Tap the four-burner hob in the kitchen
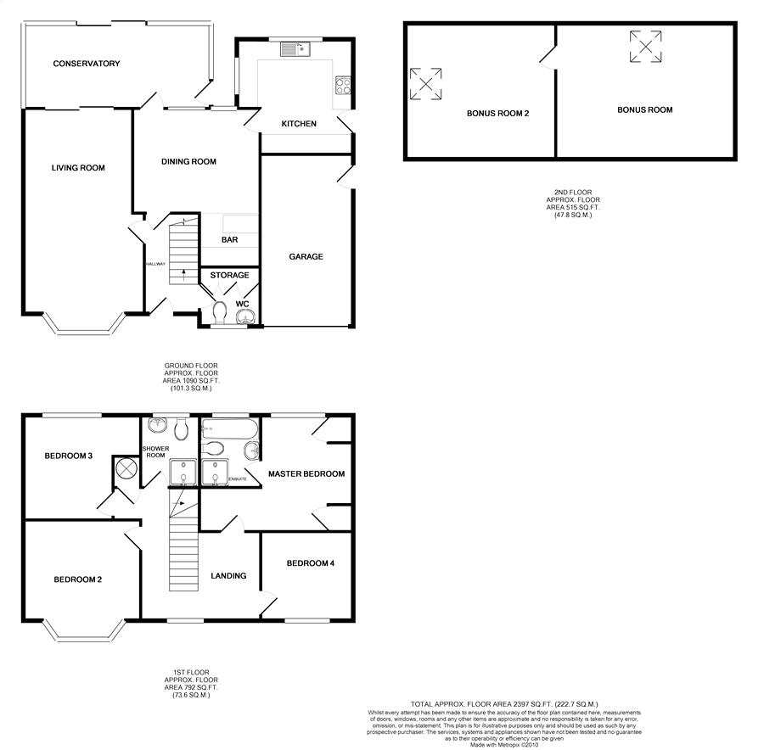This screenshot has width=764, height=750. click(345, 85)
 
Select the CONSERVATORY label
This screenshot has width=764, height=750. click(86, 64)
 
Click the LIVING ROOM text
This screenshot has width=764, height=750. click(78, 168)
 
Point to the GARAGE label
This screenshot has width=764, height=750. click(306, 257)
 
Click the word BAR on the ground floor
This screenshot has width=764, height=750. click(229, 240)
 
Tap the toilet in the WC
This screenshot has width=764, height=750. click(221, 312)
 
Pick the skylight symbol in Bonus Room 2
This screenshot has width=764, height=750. click(425, 84)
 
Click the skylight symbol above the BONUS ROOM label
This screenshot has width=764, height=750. click(645, 46)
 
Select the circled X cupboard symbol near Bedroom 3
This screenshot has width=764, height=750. click(126, 468)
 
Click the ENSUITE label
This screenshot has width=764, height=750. click(238, 479)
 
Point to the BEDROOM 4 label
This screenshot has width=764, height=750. click(310, 563)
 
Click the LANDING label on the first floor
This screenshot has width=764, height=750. click(228, 576)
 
